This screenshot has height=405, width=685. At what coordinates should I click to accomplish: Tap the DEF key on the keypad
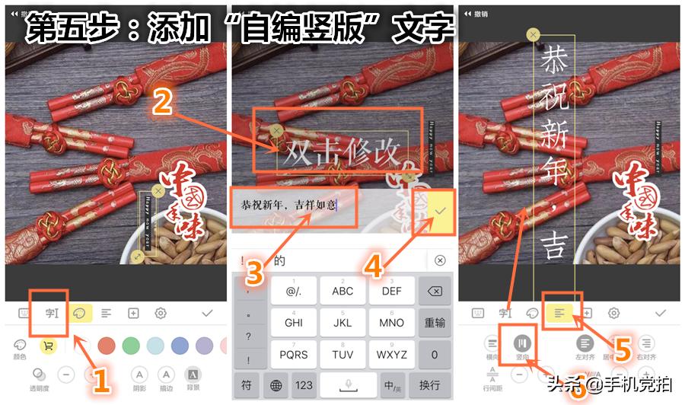coord(392,291)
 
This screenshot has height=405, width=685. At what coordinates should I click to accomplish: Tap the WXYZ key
coord(392,354)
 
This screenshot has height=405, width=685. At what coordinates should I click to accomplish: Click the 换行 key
coord(429,385)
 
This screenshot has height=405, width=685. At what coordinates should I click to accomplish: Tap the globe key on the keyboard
coord(276,385)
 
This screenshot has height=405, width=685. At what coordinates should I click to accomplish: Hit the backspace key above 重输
coord(435,291)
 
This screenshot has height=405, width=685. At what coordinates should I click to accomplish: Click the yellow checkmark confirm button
coord(439,209)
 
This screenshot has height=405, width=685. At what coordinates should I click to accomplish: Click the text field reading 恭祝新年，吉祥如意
coord(289,206)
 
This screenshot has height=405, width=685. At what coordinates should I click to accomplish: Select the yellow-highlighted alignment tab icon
coord(560,312)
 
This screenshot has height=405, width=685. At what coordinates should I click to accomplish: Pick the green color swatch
coord(132,345)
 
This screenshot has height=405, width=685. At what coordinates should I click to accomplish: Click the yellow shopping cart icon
coord(48,345)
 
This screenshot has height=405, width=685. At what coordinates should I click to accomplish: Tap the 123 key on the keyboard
coord(304,385)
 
